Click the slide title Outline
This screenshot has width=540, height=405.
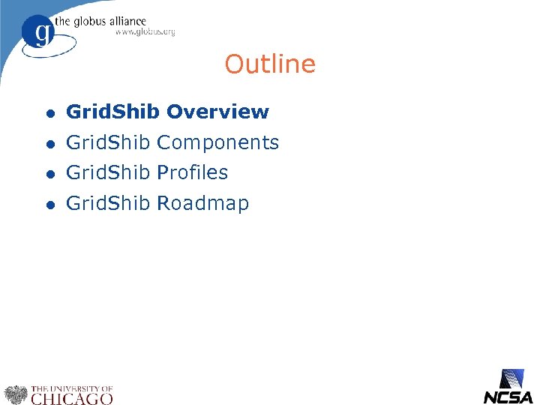point(270,64)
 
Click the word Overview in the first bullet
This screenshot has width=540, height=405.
point(217,112)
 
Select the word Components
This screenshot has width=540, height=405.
point(217,142)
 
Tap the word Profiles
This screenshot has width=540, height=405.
point(192,172)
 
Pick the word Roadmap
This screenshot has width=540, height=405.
point(202,203)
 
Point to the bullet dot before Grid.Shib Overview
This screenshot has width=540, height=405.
point(49,113)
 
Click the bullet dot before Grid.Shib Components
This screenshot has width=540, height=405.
point(49,143)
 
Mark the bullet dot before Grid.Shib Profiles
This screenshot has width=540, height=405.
point(49,173)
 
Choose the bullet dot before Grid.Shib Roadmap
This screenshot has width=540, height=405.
point(49,204)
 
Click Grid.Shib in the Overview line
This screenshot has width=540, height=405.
point(112,112)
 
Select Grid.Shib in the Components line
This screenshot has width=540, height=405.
point(109,142)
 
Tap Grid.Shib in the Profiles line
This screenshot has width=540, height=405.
point(109,172)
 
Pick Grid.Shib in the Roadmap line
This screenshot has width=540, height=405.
point(109,203)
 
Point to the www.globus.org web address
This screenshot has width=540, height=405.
point(145,33)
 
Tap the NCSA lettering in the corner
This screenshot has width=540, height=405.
point(508,397)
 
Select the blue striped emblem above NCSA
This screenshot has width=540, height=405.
point(514,378)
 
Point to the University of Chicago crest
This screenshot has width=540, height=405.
point(15,394)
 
